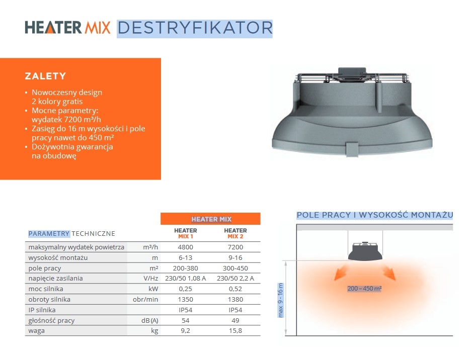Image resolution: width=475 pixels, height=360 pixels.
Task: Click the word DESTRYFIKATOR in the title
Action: [195, 28]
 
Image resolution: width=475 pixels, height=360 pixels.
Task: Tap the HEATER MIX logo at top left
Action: [67, 27]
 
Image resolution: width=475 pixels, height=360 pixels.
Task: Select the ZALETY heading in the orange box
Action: [45, 76]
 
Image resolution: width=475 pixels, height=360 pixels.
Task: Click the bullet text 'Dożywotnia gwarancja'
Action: [72, 147]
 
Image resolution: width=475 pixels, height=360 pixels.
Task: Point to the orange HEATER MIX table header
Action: [210, 219]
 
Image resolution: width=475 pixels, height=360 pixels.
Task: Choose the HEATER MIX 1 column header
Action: [185, 233]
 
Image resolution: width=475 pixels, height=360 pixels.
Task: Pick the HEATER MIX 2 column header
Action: [235, 233]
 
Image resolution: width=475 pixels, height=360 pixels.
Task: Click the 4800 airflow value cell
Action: [185, 247]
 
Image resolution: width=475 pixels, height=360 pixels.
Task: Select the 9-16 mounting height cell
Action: [235, 257]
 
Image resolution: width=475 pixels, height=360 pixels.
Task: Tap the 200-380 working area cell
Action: [185, 268]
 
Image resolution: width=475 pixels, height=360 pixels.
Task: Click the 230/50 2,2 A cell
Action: [235, 279]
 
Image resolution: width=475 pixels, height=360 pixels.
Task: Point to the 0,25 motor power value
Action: [185, 289]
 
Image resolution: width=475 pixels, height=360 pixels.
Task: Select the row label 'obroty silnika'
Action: [49, 300]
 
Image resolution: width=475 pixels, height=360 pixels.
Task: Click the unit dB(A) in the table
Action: [149, 320]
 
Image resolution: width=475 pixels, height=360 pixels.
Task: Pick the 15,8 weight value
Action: [235, 331]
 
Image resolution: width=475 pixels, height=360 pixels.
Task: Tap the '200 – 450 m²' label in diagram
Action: [364, 289]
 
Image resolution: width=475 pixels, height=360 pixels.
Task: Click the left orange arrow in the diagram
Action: [341, 273]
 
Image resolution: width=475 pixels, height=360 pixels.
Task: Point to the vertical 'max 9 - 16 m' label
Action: [280, 300]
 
